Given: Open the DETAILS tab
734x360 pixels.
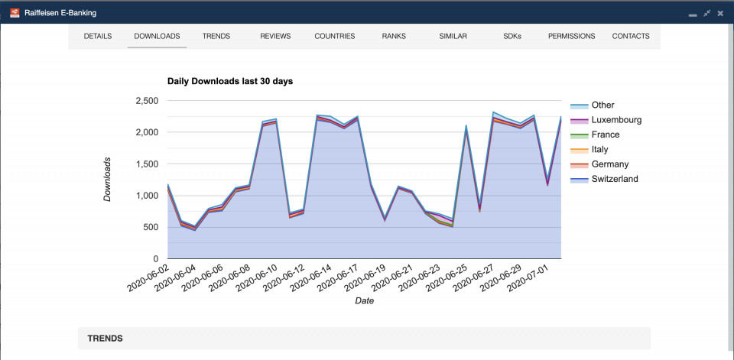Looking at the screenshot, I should (98, 36).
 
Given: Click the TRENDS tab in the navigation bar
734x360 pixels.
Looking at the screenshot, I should (216, 36).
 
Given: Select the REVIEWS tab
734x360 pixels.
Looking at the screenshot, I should (275, 36).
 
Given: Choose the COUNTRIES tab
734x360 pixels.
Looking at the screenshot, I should (335, 36).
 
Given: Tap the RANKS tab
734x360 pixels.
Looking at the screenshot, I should (394, 36).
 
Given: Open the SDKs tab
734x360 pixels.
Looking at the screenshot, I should (512, 36).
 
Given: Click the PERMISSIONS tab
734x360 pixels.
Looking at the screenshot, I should (572, 36).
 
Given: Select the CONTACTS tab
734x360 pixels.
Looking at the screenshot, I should (631, 36).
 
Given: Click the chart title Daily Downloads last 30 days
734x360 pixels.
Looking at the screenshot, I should (230, 81).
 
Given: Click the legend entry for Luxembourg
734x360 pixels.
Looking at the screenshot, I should (616, 120).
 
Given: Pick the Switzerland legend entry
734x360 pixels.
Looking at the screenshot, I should (615, 179).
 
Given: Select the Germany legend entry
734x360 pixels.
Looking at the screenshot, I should (610, 164).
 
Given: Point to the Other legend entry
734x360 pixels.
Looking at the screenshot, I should (602, 105).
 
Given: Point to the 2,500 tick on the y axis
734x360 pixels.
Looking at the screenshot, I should (146, 101).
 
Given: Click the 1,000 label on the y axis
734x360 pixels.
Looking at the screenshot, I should (146, 196).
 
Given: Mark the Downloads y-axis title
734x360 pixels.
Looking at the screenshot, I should (108, 180).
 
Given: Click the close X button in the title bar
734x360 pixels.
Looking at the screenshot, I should (720, 13).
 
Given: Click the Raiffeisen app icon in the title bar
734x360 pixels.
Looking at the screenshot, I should (14, 13).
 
